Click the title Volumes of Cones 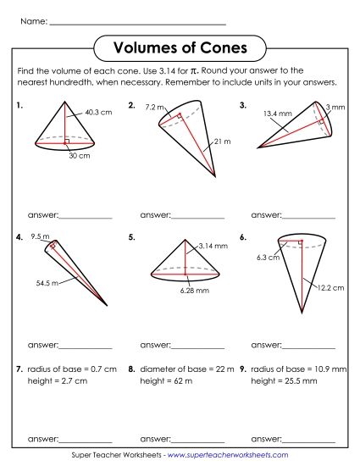click(x=180, y=46)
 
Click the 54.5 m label click(x=36, y=282)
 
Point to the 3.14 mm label click(x=213, y=245)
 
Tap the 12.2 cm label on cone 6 click(x=330, y=288)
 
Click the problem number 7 click(x=19, y=369)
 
